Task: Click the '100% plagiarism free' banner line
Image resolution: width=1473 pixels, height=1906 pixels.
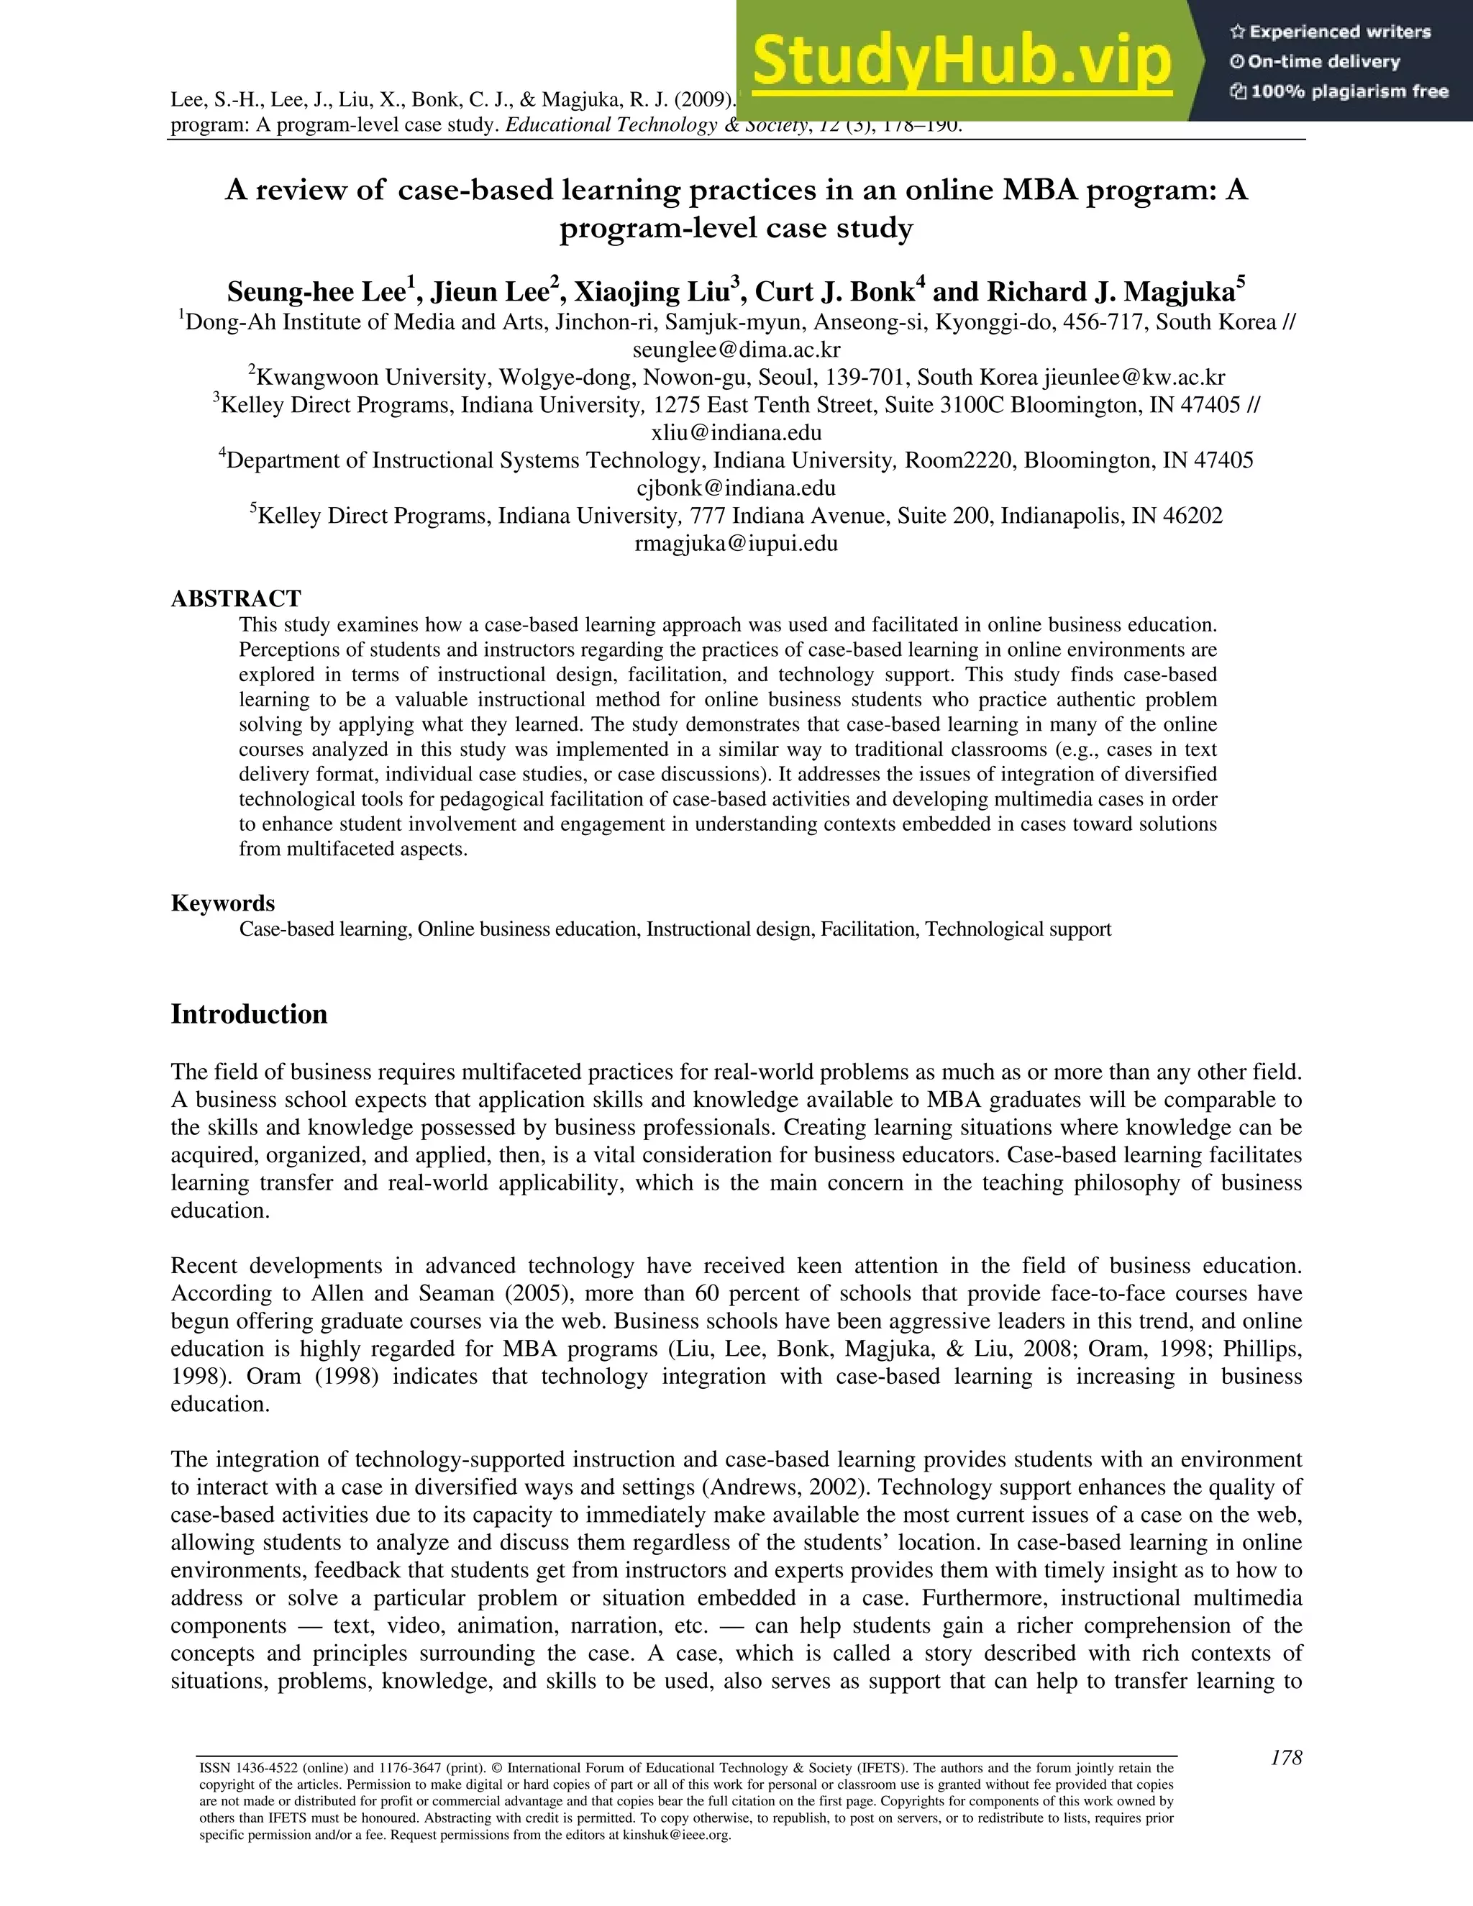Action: pos(1339,91)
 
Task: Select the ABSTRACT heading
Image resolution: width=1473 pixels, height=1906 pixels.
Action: pos(236,598)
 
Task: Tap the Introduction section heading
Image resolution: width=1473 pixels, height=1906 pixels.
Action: pos(249,1014)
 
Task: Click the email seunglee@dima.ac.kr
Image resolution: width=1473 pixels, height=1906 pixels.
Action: pos(736,350)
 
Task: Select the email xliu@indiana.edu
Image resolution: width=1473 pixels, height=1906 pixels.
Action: pos(736,433)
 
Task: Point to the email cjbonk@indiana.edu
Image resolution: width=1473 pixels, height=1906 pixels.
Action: pos(736,488)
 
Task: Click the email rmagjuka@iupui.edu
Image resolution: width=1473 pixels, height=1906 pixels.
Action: pos(736,544)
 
